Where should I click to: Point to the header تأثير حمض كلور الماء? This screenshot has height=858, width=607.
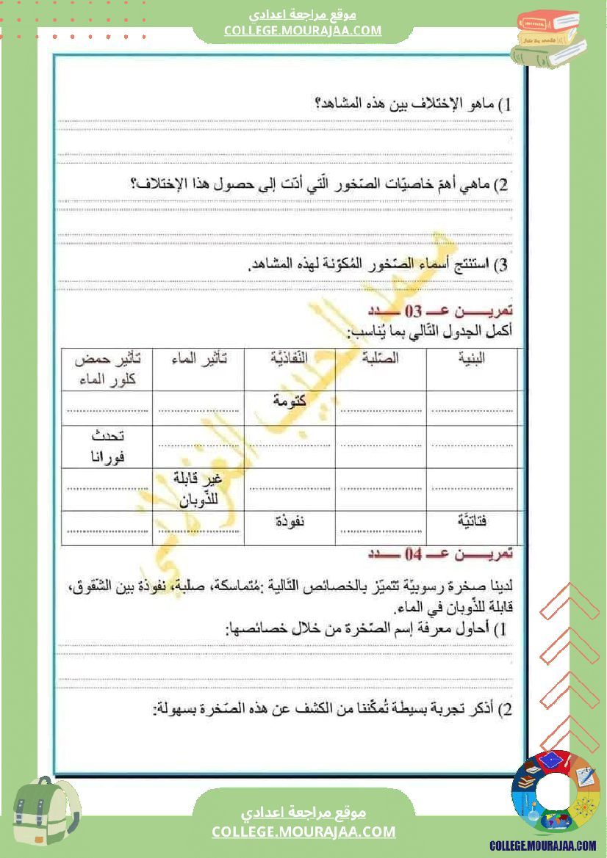tap(108, 369)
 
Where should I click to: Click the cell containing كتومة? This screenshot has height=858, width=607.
tap(290, 401)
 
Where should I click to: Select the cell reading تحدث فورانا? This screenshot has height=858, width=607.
tap(108, 446)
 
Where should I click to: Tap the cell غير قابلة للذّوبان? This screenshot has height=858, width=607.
tap(198, 489)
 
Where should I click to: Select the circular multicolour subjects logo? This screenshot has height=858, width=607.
tap(555, 792)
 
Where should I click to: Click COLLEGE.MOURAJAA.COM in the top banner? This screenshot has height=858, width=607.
tap(303, 30)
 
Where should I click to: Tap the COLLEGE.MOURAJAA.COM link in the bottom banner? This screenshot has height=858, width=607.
tap(303, 832)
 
